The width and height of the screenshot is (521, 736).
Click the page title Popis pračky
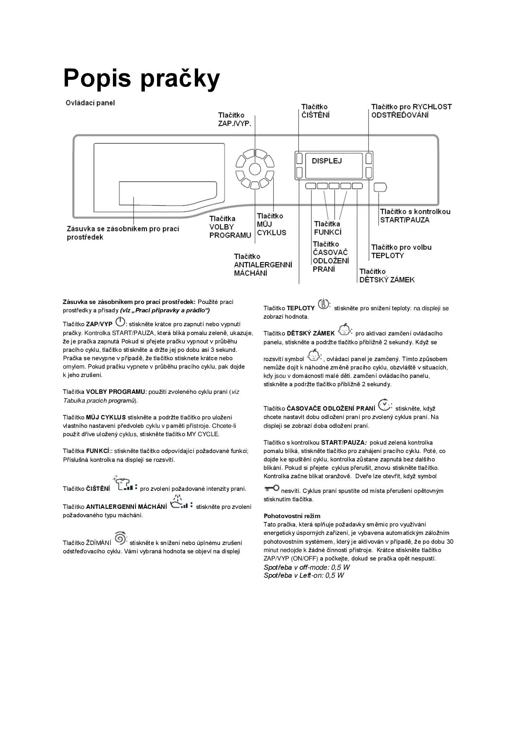point(141,79)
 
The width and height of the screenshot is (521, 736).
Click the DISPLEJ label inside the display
point(327,161)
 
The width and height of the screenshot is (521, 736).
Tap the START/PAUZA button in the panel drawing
point(380,187)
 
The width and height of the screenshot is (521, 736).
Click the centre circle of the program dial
point(254,169)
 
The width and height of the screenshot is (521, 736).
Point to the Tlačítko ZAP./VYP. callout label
point(234,119)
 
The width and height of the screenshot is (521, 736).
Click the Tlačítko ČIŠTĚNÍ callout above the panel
point(315,111)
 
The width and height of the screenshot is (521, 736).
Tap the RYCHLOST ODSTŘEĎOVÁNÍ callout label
point(411,111)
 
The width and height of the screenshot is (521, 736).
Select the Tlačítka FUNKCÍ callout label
point(327,228)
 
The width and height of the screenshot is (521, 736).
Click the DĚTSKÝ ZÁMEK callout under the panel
point(387,276)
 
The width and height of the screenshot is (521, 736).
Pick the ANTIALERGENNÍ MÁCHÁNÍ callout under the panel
point(263,265)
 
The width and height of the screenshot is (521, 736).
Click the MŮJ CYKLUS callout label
point(271,224)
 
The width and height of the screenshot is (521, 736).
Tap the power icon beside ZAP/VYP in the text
point(120,322)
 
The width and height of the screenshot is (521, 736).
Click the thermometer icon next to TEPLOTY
point(324,304)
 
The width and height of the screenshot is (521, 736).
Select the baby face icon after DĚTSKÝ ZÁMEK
point(344,330)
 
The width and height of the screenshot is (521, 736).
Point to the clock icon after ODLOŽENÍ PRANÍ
point(384,405)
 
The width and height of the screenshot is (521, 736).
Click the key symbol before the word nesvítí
point(272,488)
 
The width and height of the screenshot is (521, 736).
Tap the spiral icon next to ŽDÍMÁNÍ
point(120,538)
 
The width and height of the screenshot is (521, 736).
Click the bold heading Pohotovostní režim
point(292,516)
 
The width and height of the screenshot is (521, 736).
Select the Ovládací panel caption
point(90,103)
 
